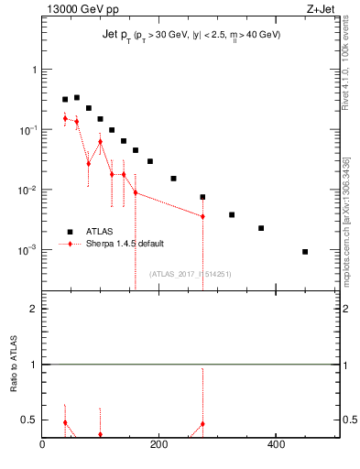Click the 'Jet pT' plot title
coord(191,35)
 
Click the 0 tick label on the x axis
coord(43,444)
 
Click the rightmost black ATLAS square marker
coord(305,251)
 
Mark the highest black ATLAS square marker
coord(77,97)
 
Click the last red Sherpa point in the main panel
coord(202,216)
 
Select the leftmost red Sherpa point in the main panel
coord(65,118)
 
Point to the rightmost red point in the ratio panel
coord(202,424)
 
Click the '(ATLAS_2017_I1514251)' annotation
coord(191,273)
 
